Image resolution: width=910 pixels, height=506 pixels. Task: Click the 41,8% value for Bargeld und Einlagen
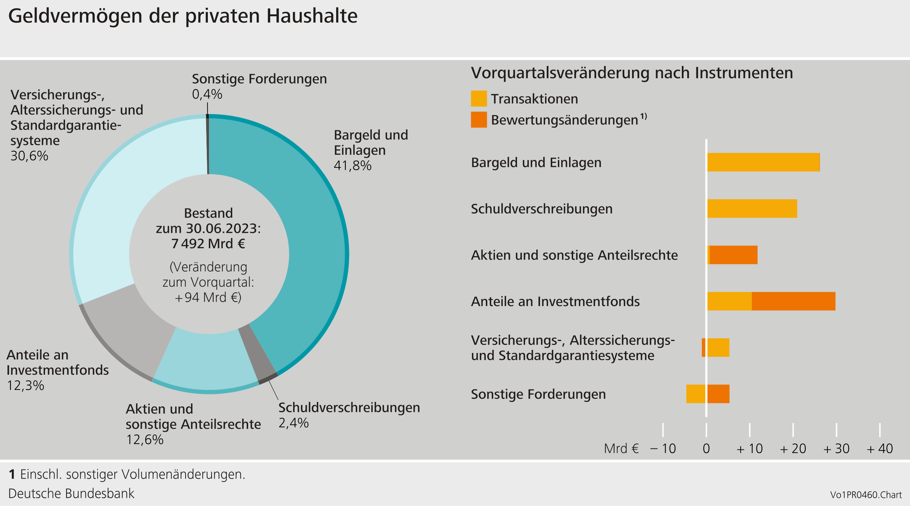click(x=352, y=165)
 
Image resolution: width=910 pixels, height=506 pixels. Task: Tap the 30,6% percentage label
click(x=29, y=156)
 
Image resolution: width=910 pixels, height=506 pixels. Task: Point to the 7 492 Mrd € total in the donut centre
click(x=208, y=244)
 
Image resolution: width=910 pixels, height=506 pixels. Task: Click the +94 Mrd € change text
click(x=208, y=297)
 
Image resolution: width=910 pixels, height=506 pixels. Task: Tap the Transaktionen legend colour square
click(x=479, y=98)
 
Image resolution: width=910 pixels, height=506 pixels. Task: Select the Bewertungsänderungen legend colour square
click(x=479, y=120)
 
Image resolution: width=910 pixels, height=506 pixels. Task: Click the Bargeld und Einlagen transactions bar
click(x=763, y=162)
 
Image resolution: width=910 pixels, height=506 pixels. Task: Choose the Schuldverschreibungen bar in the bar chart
click(x=752, y=209)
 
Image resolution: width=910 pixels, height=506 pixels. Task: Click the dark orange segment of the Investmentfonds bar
click(x=793, y=301)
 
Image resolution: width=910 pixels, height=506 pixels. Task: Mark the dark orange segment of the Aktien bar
click(x=733, y=255)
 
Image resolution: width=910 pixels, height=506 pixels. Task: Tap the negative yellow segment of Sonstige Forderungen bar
click(x=696, y=394)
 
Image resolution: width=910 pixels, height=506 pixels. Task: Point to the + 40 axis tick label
click(x=880, y=448)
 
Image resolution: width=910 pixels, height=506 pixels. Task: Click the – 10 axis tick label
click(x=663, y=448)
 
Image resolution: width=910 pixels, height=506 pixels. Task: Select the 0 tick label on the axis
click(x=706, y=448)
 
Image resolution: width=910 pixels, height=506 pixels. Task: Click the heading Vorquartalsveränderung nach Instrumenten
click(x=632, y=73)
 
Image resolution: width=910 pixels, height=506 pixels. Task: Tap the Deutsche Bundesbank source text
click(x=71, y=493)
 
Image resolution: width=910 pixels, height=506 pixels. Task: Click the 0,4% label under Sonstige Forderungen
click(x=207, y=94)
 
